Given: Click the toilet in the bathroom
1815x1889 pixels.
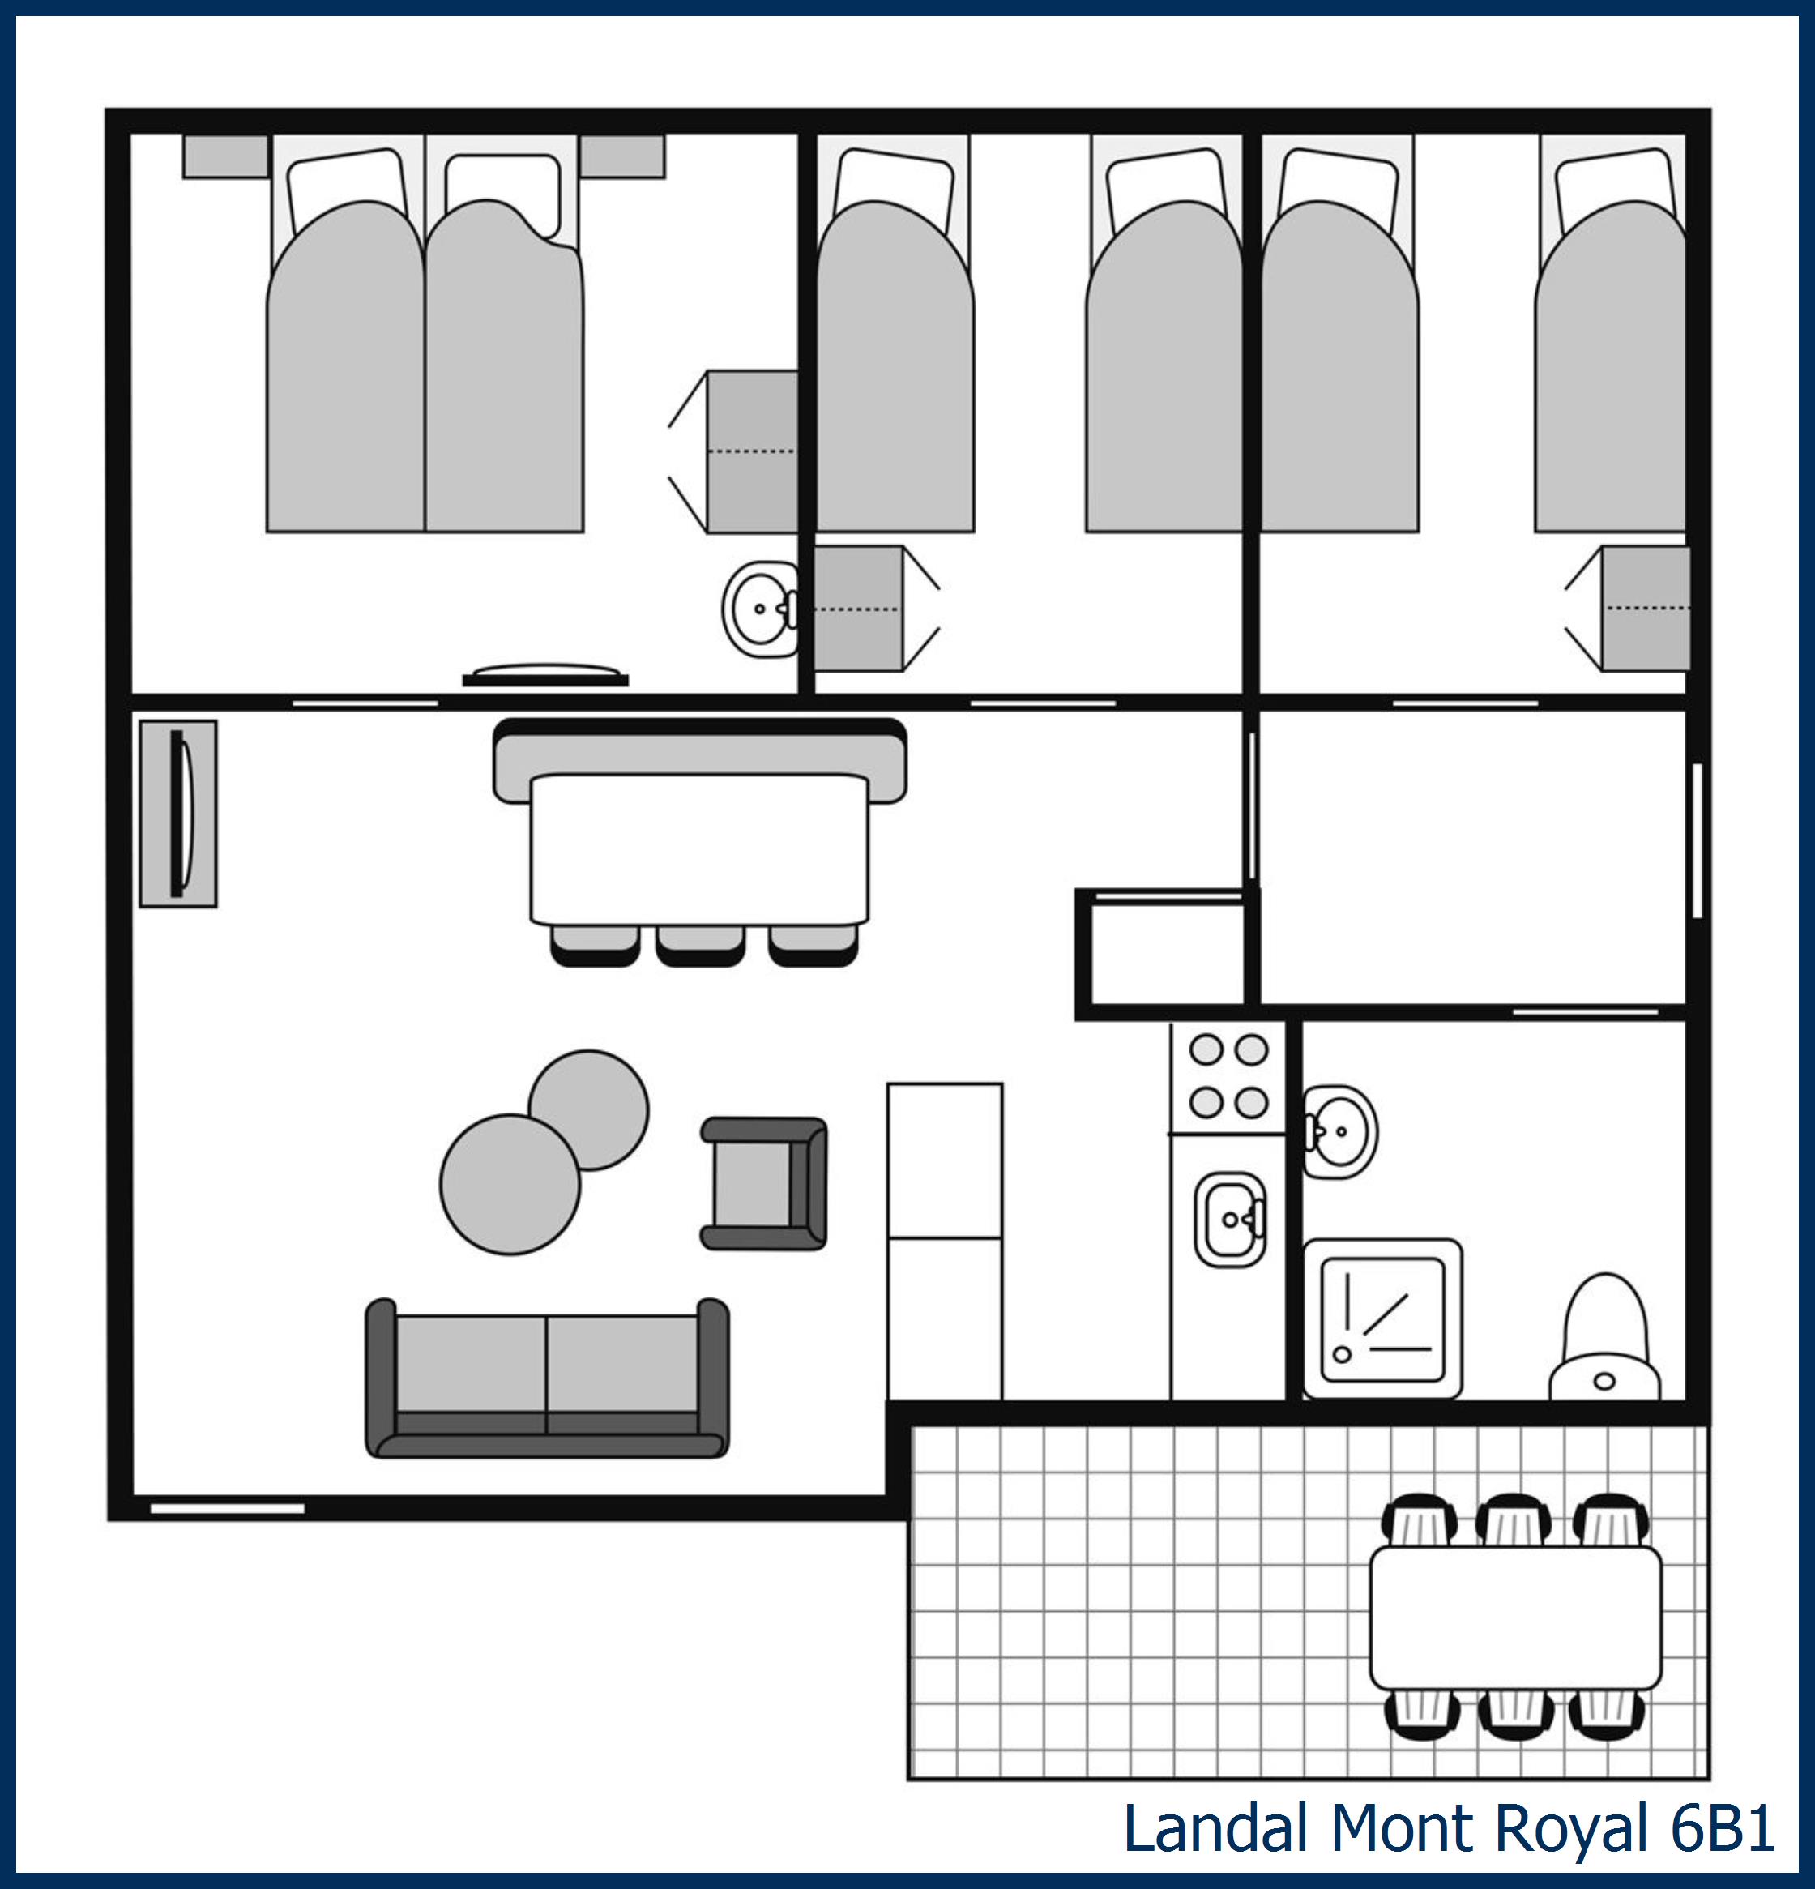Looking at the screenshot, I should tap(1604, 1339).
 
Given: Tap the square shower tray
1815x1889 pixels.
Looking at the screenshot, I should tap(1382, 1319).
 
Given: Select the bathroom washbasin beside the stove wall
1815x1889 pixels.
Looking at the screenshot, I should tap(1341, 1131).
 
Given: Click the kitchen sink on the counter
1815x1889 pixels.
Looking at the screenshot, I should tap(1229, 1219).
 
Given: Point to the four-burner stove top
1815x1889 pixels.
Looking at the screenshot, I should tap(1228, 1075).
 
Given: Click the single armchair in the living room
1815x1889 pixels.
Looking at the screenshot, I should tap(762, 1183).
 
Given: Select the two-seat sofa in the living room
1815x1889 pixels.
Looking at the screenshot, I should tap(546, 1378).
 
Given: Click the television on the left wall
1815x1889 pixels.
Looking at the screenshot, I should tap(178, 814).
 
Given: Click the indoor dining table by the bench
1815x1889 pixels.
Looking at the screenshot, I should tap(698, 848).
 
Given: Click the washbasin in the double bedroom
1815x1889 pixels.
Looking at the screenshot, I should tap(758, 608).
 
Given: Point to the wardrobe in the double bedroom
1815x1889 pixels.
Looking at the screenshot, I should tap(752, 451).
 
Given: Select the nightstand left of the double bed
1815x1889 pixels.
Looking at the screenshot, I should tap(225, 156).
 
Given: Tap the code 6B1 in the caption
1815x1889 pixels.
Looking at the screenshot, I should tap(1723, 1828).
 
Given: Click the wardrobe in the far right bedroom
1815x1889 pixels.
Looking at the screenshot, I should tap(1646, 608).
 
